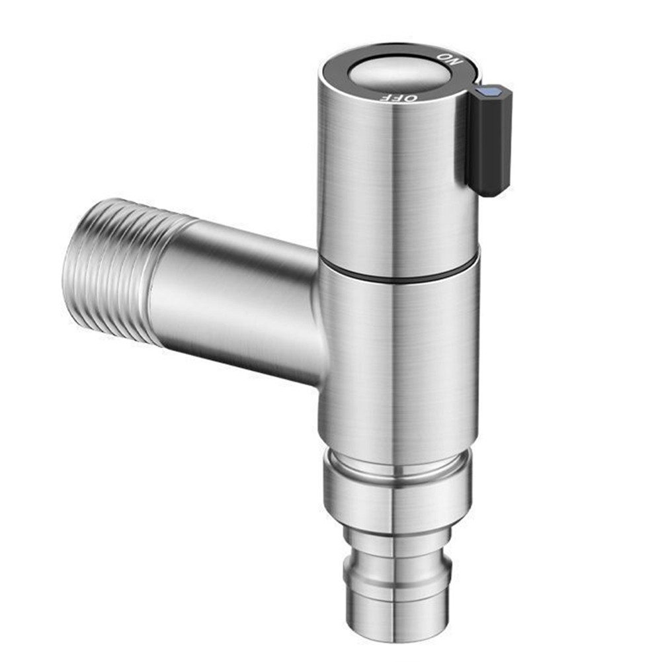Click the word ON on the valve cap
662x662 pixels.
(x=450, y=60)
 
